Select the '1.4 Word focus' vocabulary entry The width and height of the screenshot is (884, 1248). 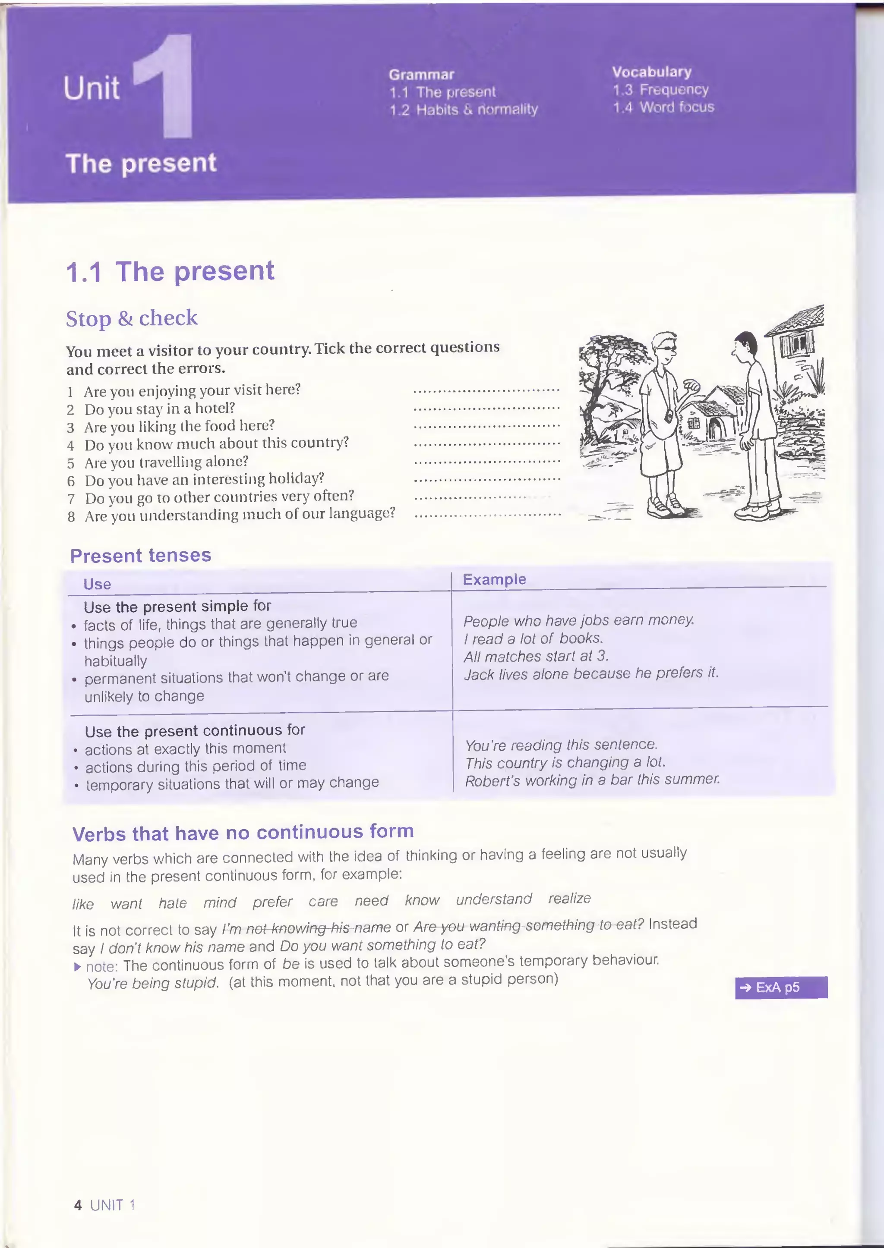point(663,107)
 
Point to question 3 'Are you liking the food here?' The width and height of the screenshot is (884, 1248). point(179,426)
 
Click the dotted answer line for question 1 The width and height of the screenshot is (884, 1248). point(486,390)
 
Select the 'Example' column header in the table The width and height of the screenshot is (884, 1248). point(494,579)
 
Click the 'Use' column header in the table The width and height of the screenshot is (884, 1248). point(98,584)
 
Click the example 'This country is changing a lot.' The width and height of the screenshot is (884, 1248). point(565,763)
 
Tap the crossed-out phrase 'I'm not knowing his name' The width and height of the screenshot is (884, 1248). point(306,927)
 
